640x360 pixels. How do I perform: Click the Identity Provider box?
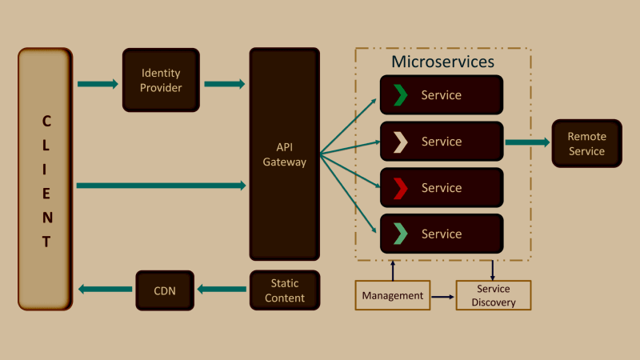point(161,80)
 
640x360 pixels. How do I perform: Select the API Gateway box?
point(284,154)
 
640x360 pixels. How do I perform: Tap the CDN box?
point(164,290)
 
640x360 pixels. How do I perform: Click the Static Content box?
point(284,290)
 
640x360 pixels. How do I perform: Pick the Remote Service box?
point(586,143)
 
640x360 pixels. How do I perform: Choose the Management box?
point(392,295)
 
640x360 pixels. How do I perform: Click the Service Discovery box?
point(494,295)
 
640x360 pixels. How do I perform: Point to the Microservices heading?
point(442,62)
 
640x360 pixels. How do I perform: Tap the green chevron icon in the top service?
point(401,95)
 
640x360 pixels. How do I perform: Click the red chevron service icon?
point(401,188)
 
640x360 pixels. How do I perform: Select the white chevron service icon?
point(401,142)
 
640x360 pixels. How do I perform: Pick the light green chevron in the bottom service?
point(401,234)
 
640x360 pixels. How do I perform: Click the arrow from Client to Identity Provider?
point(98,83)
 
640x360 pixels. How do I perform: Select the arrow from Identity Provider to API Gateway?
point(225,83)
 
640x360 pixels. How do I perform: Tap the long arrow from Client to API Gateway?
point(160,186)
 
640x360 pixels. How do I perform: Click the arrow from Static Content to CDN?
point(223,289)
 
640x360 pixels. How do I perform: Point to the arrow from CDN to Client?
point(104,289)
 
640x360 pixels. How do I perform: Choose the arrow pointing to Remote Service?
point(527,142)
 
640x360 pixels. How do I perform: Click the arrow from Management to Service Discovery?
point(442,297)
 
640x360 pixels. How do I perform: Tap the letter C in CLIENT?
point(46,122)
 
